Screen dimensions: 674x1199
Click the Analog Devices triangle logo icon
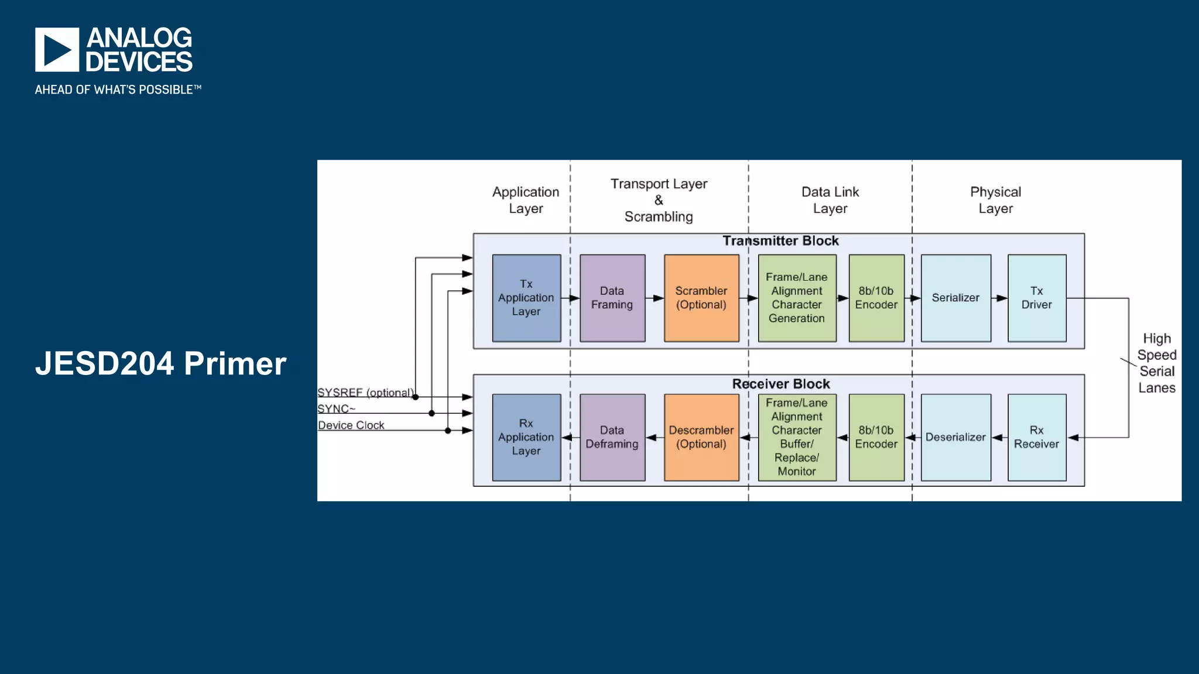coord(57,50)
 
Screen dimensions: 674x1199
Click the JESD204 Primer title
coord(160,363)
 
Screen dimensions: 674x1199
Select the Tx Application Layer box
coord(526,298)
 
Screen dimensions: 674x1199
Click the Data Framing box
coord(612,298)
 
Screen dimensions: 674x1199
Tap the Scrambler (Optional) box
coord(701,298)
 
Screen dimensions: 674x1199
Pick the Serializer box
coord(955,298)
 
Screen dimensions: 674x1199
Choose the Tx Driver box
coord(1037,298)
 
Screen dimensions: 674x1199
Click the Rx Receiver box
coord(1037,437)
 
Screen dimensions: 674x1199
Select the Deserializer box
coord(955,437)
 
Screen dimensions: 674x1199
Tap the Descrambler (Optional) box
coord(701,437)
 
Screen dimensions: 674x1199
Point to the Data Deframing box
coord(612,437)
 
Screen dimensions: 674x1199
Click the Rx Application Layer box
coord(526,437)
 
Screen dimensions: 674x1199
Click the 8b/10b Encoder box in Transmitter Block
coord(876,298)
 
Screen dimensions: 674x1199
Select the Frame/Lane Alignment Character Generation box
coord(797,298)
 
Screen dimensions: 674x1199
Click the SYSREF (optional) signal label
coord(365,393)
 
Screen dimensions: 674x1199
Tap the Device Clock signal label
coord(351,425)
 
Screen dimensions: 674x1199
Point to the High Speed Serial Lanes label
coord(1157,363)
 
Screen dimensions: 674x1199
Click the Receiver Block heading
coord(781,384)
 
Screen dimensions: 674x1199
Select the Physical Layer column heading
coord(995,200)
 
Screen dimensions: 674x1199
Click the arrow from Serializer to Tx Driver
coord(999,298)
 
